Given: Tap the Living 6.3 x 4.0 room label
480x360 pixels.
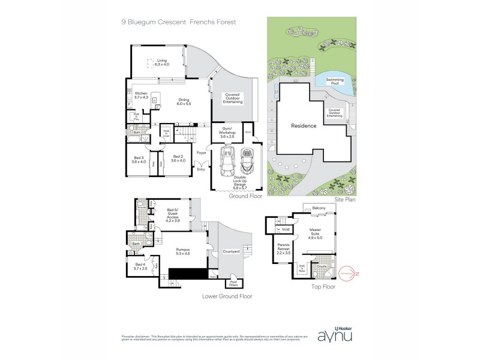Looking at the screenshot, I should (161, 62).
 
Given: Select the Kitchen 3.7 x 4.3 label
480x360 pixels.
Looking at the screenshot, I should (141, 95).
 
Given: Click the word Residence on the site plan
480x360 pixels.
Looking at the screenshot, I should (303, 127).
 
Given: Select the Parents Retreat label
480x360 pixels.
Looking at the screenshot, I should (284, 249).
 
